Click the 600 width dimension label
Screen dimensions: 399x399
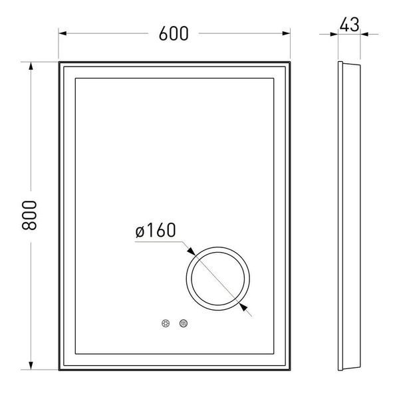(174, 34)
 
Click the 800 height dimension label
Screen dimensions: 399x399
(29, 215)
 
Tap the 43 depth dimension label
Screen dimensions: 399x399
(349, 25)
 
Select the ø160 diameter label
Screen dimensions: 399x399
(156, 230)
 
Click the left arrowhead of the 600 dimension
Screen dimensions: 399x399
(63, 33)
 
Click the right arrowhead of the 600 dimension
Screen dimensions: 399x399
(286, 33)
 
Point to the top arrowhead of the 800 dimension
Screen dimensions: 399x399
(31, 66)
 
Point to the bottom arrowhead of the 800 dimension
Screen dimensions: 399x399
(31, 365)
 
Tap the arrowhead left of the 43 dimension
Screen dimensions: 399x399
(334, 34)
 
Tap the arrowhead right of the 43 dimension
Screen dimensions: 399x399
(364, 34)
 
